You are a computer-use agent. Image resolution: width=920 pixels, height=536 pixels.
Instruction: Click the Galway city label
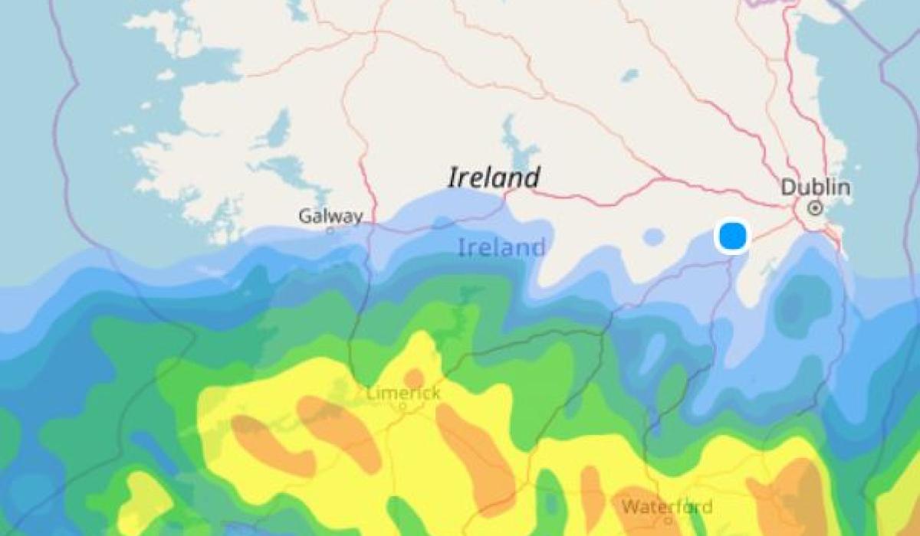pos(330,217)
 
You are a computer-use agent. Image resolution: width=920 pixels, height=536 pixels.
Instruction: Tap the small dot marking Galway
pos(330,230)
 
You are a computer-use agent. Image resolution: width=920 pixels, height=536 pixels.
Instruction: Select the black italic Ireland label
pos(494,178)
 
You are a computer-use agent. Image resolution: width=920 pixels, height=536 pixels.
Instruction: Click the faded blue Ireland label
pos(501,247)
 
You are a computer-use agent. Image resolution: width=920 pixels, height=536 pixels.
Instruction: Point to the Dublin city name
pos(815,188)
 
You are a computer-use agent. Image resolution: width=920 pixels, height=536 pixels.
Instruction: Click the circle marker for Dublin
pos(815,208)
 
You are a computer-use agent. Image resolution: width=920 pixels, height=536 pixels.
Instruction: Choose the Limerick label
pos(403,394)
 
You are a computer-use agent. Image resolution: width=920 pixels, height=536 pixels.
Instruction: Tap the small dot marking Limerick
pos(402,407)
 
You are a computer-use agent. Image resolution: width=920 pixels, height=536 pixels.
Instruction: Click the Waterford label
pos(667,507)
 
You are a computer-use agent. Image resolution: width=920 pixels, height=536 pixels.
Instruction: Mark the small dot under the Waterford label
pos(669,520)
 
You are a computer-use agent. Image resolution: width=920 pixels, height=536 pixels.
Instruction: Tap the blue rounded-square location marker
pos(732,236)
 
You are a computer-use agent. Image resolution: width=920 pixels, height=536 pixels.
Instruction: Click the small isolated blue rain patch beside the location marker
pos(653,237)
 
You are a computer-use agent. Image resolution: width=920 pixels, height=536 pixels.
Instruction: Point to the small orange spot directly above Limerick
pos(414,378)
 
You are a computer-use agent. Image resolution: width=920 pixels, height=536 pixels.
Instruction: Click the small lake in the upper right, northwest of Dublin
pos(629,75)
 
